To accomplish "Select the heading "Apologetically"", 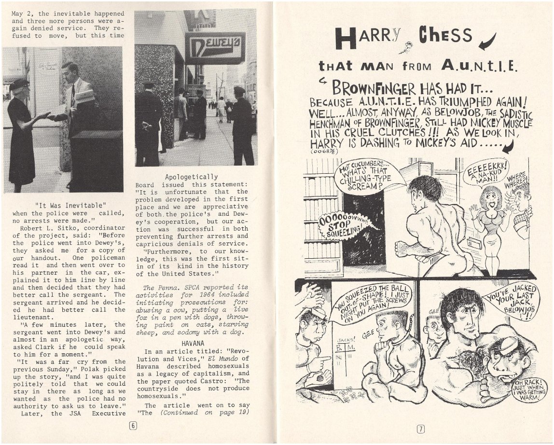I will (x=191, y=177).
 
